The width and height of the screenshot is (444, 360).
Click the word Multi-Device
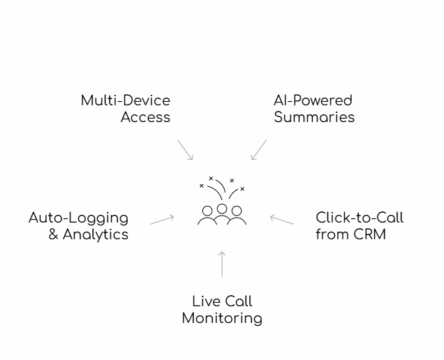[x=126, y=100]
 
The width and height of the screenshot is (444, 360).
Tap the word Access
[x=145, y=117]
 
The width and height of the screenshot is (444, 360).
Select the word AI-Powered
[x=313, y=100]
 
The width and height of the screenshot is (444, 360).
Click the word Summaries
[x=314, y=117]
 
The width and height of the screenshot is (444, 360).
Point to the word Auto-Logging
[x=78, y=218]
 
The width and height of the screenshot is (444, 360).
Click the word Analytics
[x=96, y=234]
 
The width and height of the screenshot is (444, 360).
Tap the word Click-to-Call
[x=360, y=218]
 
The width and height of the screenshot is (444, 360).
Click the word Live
[x=202, y=302]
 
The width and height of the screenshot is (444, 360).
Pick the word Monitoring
[x=222, y=319]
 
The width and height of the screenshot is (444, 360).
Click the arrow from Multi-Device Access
[x=185, y=150]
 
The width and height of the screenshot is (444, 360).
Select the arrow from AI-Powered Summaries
[x=258, y=150]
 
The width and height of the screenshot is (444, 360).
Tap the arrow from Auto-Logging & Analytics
[x=162, y=219]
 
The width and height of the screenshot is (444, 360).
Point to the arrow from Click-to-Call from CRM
[x=282, y=219]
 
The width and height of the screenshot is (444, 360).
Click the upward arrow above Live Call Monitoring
[x=222, y=264]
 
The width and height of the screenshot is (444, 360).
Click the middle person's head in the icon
[x=222, y=208]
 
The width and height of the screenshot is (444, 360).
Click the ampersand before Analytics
[x=54, y=234]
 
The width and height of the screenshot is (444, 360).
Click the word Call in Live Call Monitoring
[x=238, y=302]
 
